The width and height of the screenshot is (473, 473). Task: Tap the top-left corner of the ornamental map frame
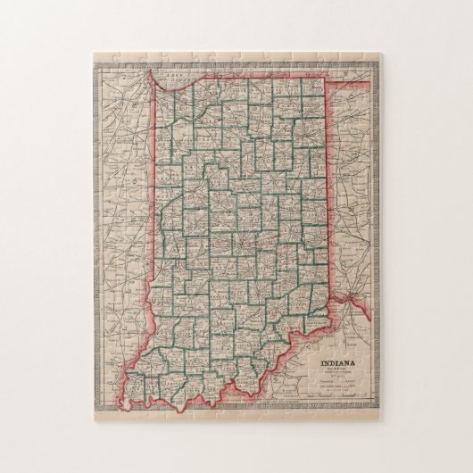pyautogui.click(x=92, y=53)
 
